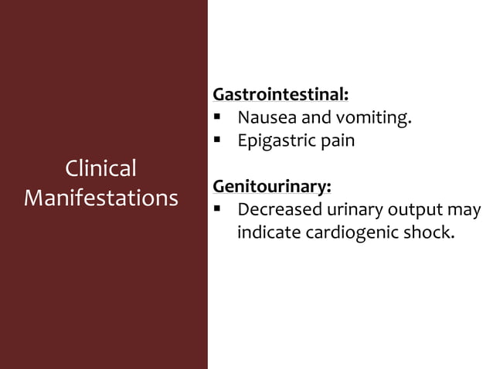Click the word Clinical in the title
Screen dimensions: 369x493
pos(100,168)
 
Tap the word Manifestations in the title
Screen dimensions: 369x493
pos(100,198)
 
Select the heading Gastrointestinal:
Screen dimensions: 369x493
pos(280,95)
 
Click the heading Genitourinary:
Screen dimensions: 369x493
pos(272,187)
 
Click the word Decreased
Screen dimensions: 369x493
pos(276,210)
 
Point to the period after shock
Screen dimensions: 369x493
pos(450,237)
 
